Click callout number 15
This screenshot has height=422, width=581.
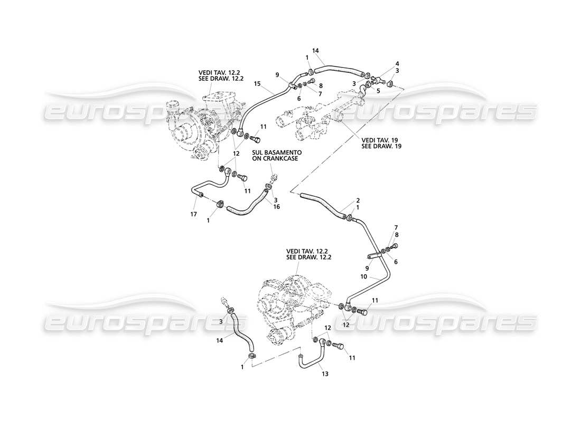click(x=257, y=84)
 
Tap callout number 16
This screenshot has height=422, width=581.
click(x=276, y=207)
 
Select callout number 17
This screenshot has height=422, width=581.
click(x=193, y=214)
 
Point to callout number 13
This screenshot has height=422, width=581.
click(x=325, y=374)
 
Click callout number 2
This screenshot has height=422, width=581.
click(x=358, y=200)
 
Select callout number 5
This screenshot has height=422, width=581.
click(x=378, y=90)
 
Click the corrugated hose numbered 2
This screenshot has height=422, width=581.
click(x=322, y=206)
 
